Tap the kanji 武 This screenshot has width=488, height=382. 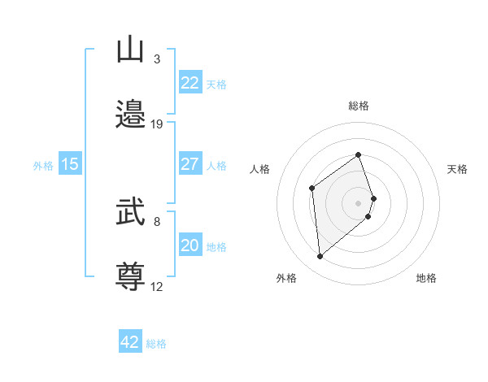(131, 214)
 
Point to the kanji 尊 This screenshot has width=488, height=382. (131, 276)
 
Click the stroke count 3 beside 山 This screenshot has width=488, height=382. (157, 59)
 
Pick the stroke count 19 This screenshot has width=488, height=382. (157, 124)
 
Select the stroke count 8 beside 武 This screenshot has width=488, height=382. (157, 220)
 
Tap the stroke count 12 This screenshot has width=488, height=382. (157, 286)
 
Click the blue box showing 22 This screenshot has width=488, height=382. (190, 83)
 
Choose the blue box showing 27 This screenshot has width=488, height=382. (190, 164)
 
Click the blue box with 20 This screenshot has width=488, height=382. (190, 245)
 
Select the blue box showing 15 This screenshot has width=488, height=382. (70, 164)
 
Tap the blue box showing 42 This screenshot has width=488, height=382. (130, 342)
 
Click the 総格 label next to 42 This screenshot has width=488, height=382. (156, 344)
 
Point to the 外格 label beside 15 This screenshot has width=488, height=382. (43, 166)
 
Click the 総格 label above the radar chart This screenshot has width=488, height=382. (358, 106)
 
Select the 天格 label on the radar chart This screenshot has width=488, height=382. (457, 169)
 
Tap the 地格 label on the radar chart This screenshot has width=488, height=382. (426, 279)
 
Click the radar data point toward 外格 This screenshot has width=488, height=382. (320, 257)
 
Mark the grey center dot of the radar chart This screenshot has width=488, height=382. (358, 202)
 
